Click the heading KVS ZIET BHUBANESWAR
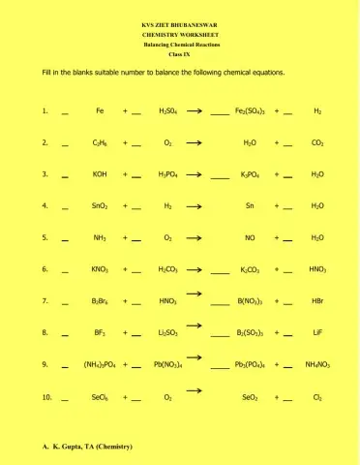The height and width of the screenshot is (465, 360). (x=179, y=23)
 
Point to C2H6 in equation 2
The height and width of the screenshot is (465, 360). (x=100, y=143)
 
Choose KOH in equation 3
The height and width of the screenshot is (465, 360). (x=100, y=174)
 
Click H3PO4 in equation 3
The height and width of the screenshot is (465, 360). (x=168, y=174)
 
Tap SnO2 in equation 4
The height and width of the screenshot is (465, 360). (x=100, y=206)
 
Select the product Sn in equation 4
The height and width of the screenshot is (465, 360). (x=250, y=206)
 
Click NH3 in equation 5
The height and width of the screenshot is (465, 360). (x=100, y=237)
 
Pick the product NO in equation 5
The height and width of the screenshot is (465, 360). (x=250, y=237)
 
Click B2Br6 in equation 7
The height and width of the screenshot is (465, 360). (x=100, y=301)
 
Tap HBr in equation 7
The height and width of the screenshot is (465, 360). (x=317, y=301)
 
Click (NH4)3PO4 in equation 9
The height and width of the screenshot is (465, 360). (x=100, y=365)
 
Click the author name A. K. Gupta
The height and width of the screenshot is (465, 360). (x=87, y=447)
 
